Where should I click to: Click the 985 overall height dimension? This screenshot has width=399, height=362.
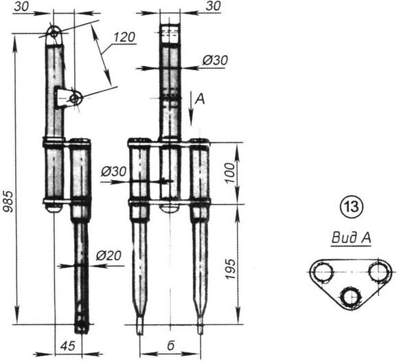8,201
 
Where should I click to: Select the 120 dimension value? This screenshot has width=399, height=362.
124,37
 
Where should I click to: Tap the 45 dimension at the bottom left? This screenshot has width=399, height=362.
68,346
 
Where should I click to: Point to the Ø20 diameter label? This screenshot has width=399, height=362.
109,256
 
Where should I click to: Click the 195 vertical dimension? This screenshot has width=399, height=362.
231,269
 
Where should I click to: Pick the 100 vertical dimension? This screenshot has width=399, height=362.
231,173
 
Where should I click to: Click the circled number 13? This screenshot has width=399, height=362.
352,207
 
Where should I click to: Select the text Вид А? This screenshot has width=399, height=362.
351,238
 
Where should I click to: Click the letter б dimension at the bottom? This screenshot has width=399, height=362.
171,346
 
